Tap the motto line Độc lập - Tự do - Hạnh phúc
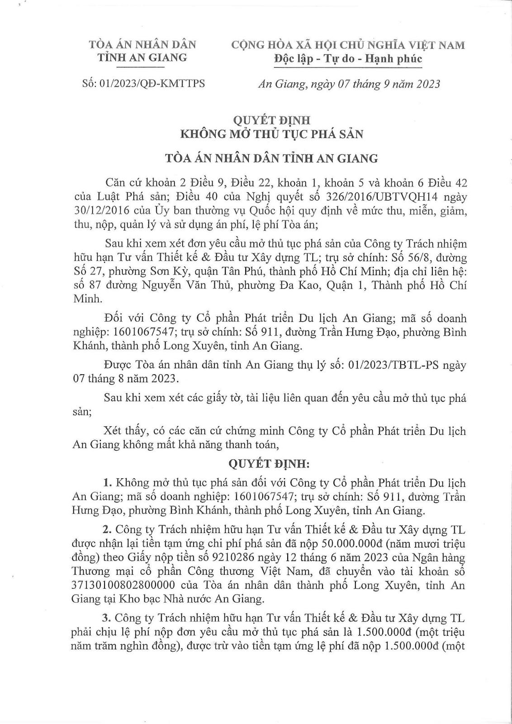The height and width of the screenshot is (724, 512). point(348,59)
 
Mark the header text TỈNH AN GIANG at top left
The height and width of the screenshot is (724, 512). point(143,57)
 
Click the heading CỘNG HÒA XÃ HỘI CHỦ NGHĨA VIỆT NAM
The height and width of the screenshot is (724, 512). point(348,45)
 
